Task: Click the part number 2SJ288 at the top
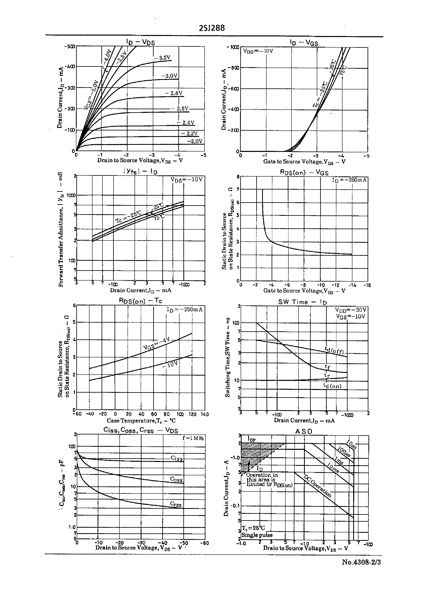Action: pyautogui.click(x=212, y=28)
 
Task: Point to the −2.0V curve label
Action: pyautogui.click(x=195, y=141)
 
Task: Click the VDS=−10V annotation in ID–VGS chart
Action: pyautogui.click(x=258, y=51)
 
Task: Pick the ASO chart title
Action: pyautogui.click(x=304, y=431)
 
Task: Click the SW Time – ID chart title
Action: pyautogui.click(x=302, y=302)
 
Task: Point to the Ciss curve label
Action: pyautogui.click(x=176, y=458)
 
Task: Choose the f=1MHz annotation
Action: pyautogui.click(x=193, y=438)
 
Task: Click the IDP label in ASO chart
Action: pyautogui.click(x=251, y=439)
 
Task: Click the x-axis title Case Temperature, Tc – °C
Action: pyautogui.click(x=141, y=421)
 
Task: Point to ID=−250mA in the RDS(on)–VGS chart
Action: pyautogui.click(x=349, y=180)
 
